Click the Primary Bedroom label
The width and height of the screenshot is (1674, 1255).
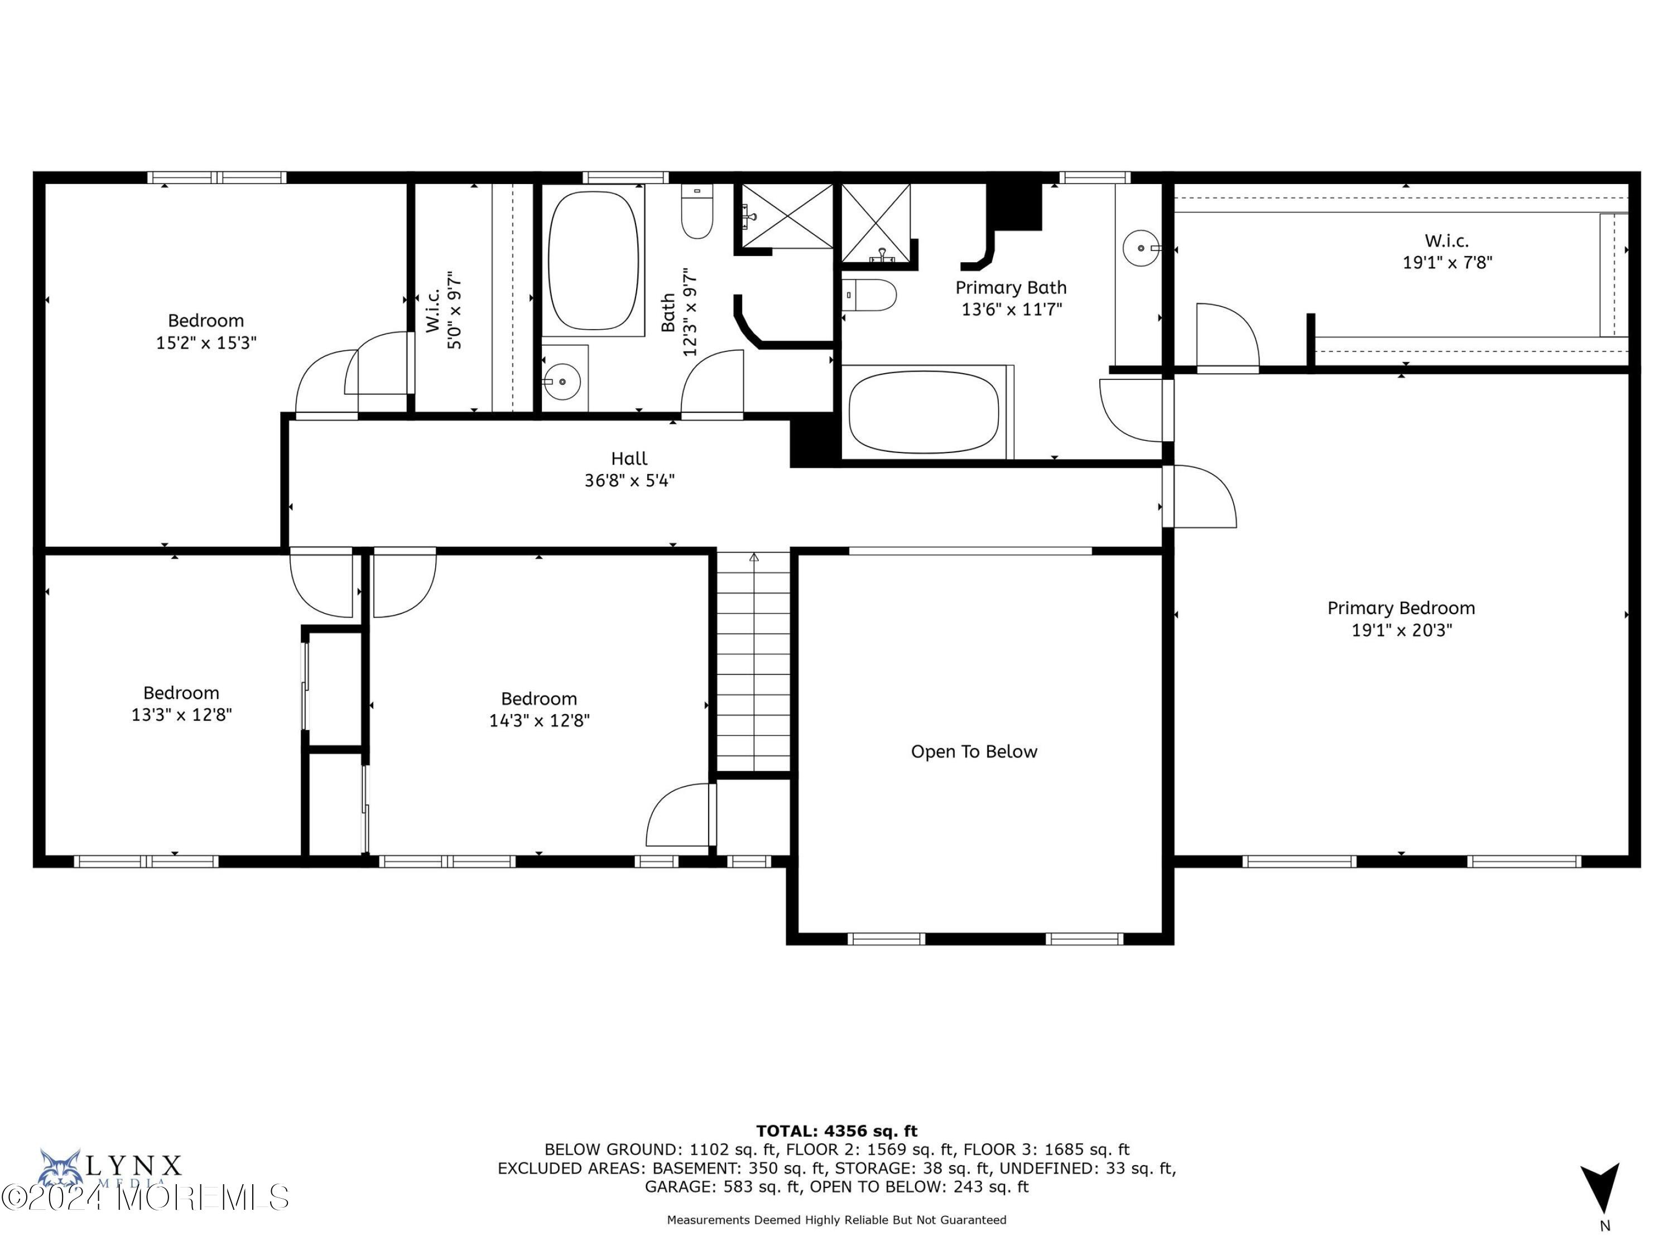tap(1401, 608)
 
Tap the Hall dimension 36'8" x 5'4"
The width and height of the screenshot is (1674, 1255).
tap(629, 480)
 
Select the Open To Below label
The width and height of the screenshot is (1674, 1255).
tap(973, 752)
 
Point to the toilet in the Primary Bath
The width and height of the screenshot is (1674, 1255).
tap(870, 295)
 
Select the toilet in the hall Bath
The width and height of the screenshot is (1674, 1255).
tap(697, 213)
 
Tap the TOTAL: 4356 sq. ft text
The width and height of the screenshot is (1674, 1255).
tap(836, 1131)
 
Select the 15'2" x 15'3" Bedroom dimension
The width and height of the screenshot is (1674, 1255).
tap(206, 342)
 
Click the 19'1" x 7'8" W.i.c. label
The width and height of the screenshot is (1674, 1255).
tap(1447, 262)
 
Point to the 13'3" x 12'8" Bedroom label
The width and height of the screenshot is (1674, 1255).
tap(181, 714)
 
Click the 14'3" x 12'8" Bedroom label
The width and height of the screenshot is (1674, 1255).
tap(539, 720)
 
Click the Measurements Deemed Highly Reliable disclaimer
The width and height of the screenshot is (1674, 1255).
tap(836, 1219)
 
